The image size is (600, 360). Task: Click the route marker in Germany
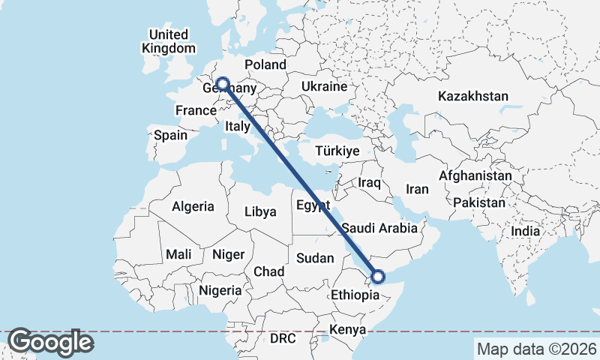tap(222, 84)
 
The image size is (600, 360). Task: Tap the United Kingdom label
tap(168, 41)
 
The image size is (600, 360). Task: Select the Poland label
tap(265, 65)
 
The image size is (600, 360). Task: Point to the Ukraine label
tap(324, 87)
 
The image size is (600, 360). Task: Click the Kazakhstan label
tap(474, 97)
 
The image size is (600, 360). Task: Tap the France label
tap(196, 111)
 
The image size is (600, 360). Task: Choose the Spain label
tap(170, 136)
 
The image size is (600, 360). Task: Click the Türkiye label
tap(337, 151)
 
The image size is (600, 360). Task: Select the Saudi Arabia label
tap(379, 227)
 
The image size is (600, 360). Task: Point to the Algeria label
tap(193, 206)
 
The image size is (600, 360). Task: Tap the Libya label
tap(260, 212)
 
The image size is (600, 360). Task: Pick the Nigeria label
tap(220, 289)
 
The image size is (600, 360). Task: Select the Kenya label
tap(348, 330)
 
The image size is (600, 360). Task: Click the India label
tap(525, 232)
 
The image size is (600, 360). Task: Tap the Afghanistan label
tap(475, 176)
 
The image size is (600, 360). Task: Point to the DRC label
tap(283, 339)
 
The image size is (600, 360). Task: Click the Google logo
tap(50, 342)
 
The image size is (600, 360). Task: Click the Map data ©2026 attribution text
tap(536, 349)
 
